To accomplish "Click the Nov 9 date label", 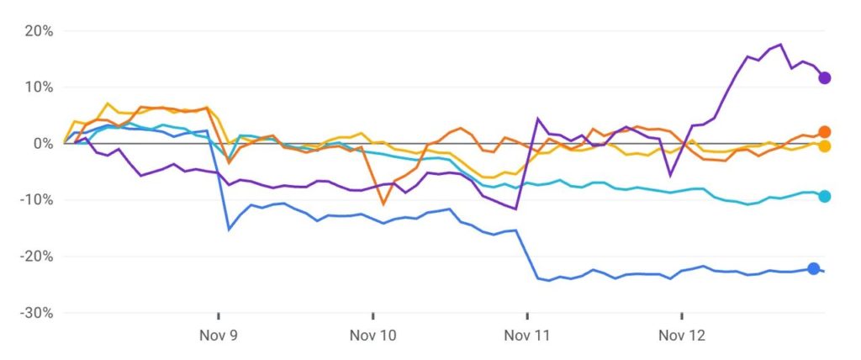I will (x=219, y=336).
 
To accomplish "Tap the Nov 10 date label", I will (x=373, y=336).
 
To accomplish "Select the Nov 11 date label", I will (x=527, y=336).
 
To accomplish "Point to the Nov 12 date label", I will (x=682, y=336).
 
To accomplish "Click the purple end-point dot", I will (x=825, y=78).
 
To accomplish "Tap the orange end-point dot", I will (x=825, y=132).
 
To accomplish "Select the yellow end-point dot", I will (x=825, y=146).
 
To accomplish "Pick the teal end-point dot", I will (x=825, y=197).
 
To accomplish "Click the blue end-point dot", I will (x=814, y=268).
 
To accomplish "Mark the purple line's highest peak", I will (x=780, y=45).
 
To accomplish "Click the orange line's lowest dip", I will (x=383, y=204).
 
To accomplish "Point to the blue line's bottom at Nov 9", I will (x=229, y=229).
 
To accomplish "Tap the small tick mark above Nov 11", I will (x=527, y=316).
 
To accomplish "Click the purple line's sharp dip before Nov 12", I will (x=670, y=175).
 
